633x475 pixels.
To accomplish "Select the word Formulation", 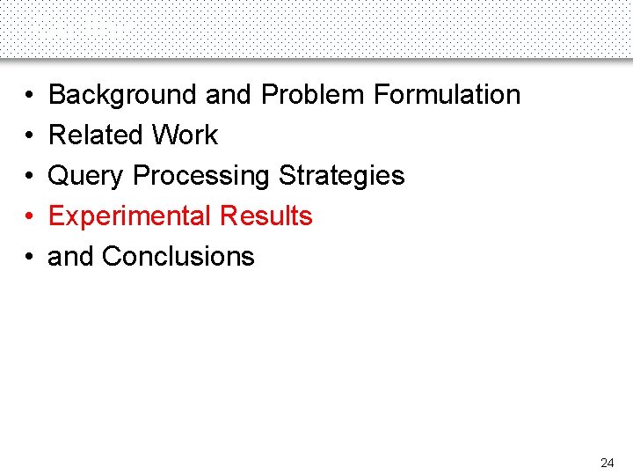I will [x=447, y=95].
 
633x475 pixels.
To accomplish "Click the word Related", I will [x=96, y=135].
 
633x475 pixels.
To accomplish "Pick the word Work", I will [x=185, y=135].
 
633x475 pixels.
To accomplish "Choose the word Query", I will [x=86, y=176].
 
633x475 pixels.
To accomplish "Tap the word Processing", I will [x=201, y=176].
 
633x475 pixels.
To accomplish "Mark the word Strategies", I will [x=342, y=176].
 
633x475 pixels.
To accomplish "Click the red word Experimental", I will [x=130, y=216].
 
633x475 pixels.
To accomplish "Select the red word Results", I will [x=266, y=216].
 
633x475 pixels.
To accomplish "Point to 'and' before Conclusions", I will [x=71, y=257].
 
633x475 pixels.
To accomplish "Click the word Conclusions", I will [x=178, y=257].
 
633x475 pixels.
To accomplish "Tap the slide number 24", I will [x=607, y=463].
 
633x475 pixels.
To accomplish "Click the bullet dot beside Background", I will [x=29, y=95].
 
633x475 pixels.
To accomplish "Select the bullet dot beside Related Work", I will [x=29, y=135].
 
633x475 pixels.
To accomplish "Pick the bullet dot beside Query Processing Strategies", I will [x=29, y=176].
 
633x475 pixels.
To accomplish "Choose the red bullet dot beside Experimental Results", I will [x=29, y=216].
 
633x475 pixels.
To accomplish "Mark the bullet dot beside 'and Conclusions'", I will [x=29, y=257].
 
